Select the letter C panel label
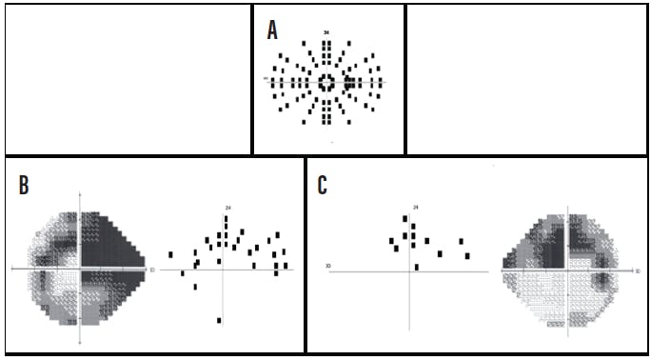pyautogui.click(x=324, y=185)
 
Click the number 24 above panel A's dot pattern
pyautogui.click(x=326, y=33)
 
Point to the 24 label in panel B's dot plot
pyautogui.click(x=228, y=207)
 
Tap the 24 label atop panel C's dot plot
pyautogui.click(x=416, y=207)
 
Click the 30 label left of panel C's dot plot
pyautogui.click(x=328, y=266)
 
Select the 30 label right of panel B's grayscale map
pyautogui.click(x=152, y=270)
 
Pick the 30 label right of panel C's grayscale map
pyautogui.click(x=635, y=271)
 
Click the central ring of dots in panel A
pyautogui.click(x=326, y=82)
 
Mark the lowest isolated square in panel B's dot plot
pyautogui.click(x=219, y=320)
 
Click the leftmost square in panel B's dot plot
pyautogui.click(x=170, y=254)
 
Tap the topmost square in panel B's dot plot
pyautogui.click(x=226, y=218)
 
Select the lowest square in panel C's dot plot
pyautogui.click(x=417, y=267)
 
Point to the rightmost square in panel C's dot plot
pyautogui.click(x=467, y=255)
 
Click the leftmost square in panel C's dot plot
pyautogui.click(x=391, y=242)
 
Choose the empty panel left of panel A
pyautogui.click(x=128, y=79)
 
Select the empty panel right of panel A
pyautogui.click(x=526, y=79)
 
